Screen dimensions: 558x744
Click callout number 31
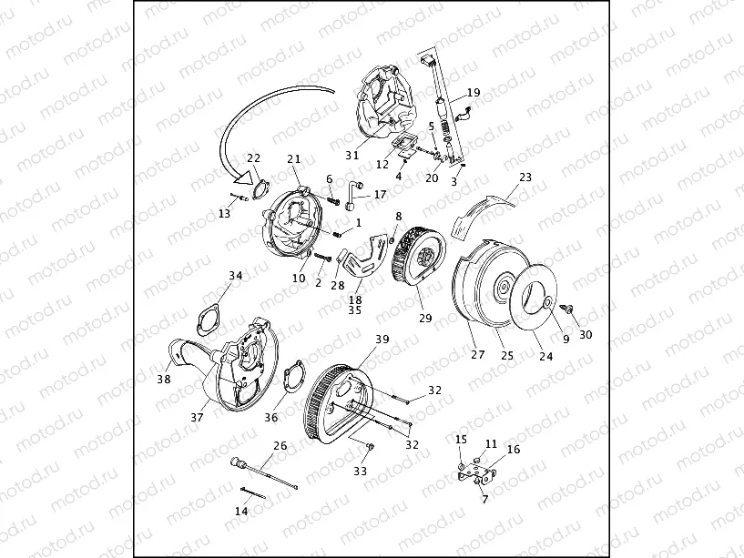(352, 155)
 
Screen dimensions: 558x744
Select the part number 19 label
(474, 93)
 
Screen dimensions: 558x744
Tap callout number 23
(525, 178)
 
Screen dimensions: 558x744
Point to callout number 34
(236, 276)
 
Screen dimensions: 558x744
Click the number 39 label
(382, 339)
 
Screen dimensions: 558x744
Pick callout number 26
(280, 445)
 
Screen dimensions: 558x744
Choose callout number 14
(241, 511)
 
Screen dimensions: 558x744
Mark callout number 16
(514, 450)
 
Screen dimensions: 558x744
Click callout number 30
(586, 334)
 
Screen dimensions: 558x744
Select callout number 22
(254, 158)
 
